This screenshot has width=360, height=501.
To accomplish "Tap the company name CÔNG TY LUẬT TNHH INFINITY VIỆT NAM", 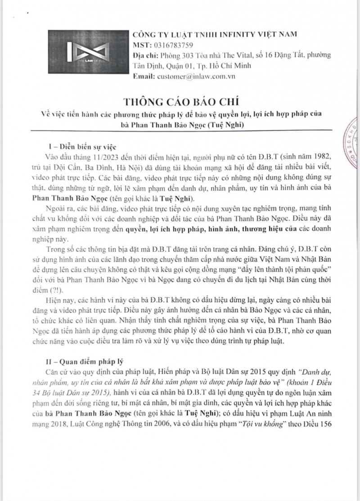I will point(215,34).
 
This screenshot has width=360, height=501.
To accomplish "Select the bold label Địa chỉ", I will point(145,55).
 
